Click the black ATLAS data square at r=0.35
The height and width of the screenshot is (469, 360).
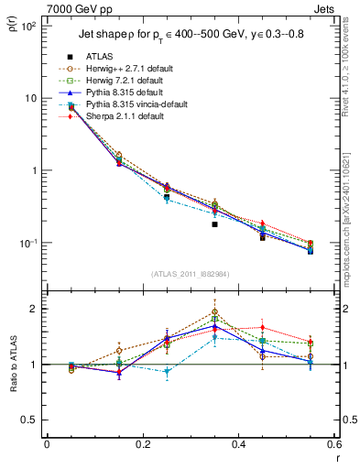tap(214, 224)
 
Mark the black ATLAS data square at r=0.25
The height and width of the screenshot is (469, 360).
tap(167, 197)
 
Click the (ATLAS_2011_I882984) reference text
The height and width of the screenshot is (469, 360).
tap(191, 274)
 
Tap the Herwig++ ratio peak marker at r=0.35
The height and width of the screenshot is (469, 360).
tap(214, 311)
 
